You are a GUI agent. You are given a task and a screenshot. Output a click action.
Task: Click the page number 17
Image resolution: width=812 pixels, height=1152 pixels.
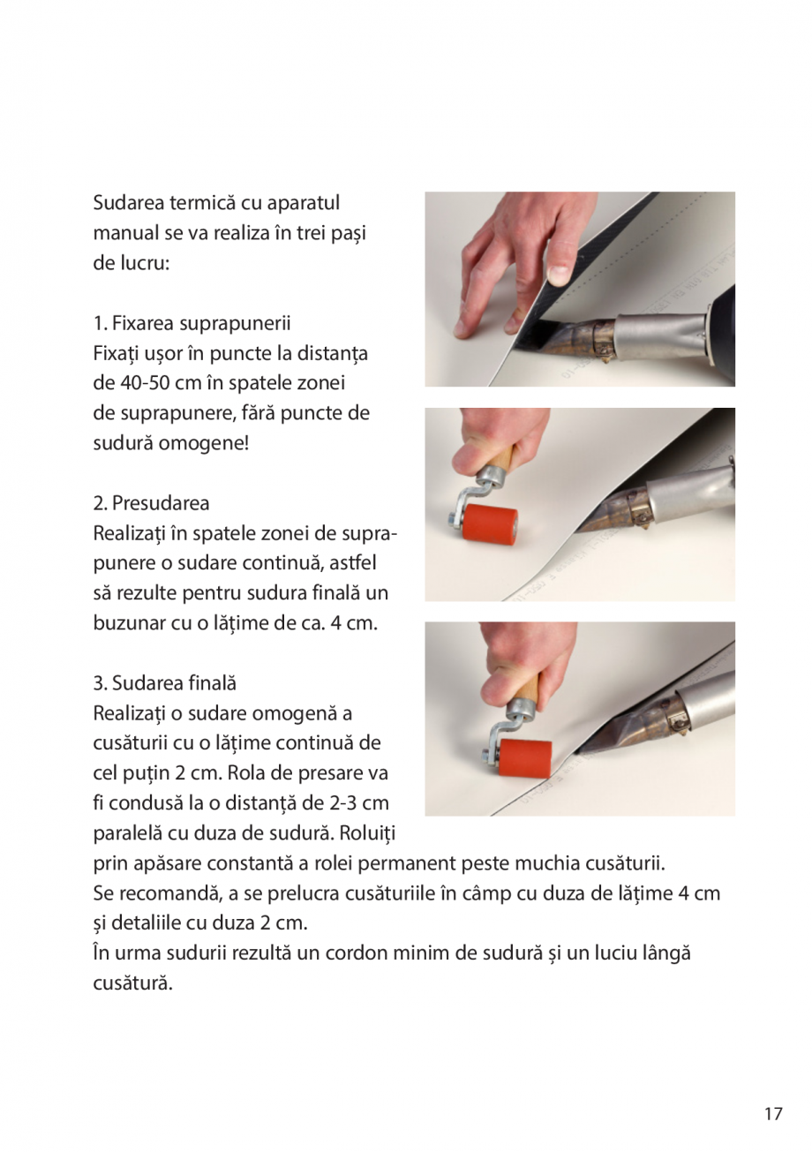pos(772,1114)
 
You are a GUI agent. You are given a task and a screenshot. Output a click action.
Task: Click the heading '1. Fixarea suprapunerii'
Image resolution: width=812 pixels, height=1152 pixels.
pos(192,323)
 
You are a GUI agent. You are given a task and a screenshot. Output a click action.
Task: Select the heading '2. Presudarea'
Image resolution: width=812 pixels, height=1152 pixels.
pos(151,503)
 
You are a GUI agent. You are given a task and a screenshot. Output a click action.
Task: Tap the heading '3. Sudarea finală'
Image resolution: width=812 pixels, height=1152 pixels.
pos(164,683)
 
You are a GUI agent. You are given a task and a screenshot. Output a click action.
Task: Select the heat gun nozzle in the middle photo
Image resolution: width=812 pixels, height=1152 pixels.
pos(618,510)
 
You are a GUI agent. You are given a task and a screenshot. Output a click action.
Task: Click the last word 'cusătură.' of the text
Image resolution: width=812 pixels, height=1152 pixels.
pos(132,983)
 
